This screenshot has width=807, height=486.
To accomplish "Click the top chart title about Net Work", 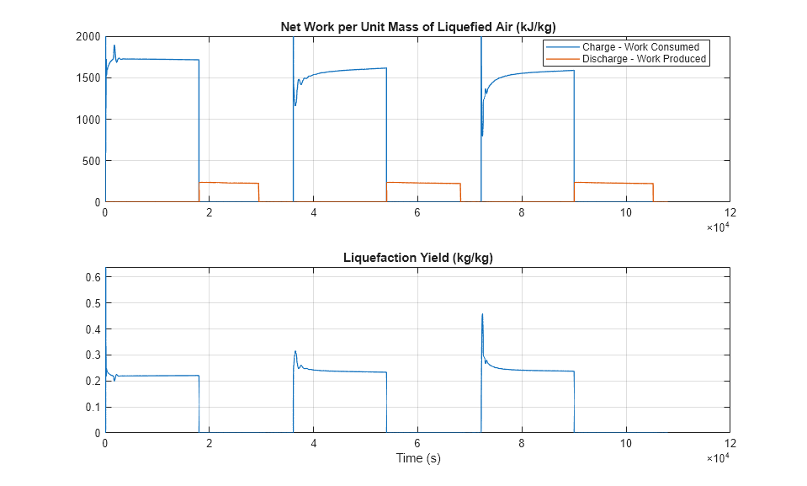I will [417, 27].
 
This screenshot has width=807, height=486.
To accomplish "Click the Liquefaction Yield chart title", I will [417, 258].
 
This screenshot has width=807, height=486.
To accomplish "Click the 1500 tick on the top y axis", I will [88, 78].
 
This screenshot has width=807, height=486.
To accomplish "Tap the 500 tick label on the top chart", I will [91, 161].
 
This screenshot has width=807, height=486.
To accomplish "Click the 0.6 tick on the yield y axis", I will [92, 277].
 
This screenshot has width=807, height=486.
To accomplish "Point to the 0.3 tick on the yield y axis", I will [92, 355].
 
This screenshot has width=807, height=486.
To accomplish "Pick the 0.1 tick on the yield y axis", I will [92, 407].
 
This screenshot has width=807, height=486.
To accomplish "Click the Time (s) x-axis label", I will [418, 458].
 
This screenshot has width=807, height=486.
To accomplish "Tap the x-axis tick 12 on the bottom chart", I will [730, 443].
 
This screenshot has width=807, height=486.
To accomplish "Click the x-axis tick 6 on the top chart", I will [417, 213].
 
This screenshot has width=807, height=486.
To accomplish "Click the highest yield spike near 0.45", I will [482, 315].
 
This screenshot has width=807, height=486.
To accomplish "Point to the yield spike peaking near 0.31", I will [295, 352].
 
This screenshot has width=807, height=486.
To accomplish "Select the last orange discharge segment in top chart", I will [613, 183].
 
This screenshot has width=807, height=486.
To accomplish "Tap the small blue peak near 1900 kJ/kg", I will [114, 45].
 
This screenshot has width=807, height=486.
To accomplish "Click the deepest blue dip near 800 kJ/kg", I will [482, 135].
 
